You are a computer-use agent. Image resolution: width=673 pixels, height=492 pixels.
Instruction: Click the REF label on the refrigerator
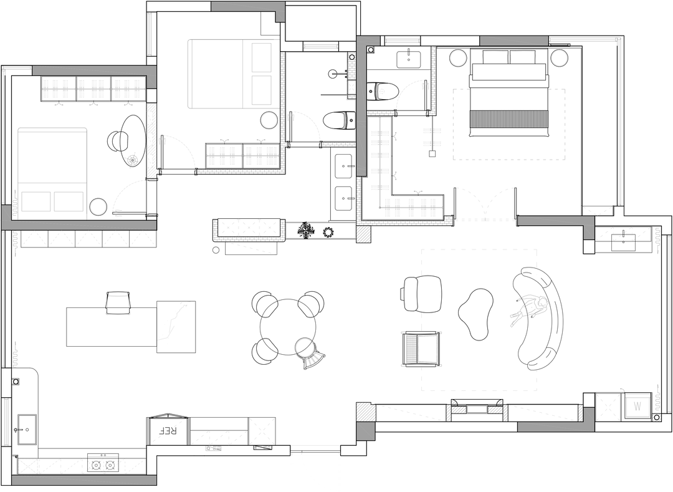click(168, 431)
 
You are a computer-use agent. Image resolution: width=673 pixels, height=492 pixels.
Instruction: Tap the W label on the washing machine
click(637, 406)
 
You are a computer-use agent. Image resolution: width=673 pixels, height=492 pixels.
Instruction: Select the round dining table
click(288, 327)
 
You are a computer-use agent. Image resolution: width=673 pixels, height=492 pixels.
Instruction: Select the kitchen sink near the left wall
click(27, 430)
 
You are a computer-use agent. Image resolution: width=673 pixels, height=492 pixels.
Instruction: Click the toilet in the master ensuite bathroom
click(383, 91)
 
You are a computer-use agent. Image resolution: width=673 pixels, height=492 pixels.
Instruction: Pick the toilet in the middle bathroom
click(339, 120)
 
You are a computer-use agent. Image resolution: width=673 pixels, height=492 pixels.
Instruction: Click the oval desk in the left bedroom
click(133, 140)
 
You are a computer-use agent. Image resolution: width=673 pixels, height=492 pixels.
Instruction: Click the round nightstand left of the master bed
click(459, 58)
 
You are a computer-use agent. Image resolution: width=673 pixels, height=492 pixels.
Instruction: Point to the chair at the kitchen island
click(118, 302)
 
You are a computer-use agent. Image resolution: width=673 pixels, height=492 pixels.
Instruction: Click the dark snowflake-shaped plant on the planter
click(307, 230)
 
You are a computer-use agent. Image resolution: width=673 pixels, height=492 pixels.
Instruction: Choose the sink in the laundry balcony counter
click(624, 239)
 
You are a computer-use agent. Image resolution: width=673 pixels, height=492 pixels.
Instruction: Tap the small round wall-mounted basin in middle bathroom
click(335, 74)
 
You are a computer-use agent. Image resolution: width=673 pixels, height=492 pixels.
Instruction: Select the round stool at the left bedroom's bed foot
click(98, 207)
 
